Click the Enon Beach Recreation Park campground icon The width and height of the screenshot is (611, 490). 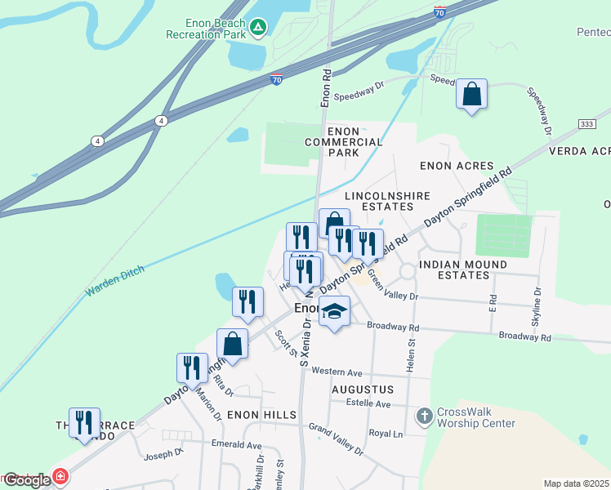coord(258,27)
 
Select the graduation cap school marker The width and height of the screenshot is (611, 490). coord(334,312)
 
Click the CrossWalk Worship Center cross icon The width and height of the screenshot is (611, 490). coord(423,416)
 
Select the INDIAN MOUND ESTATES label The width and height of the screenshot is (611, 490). coord(463,270)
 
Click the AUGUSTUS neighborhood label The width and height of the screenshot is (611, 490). coord(363,390)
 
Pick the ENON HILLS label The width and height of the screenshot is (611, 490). coord(261,416)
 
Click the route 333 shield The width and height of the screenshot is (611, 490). coord(563,123)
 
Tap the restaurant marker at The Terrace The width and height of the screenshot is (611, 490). coord(84,423)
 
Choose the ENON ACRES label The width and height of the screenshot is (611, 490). coord(457,165)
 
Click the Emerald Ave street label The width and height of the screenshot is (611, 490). coord(236,445)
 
